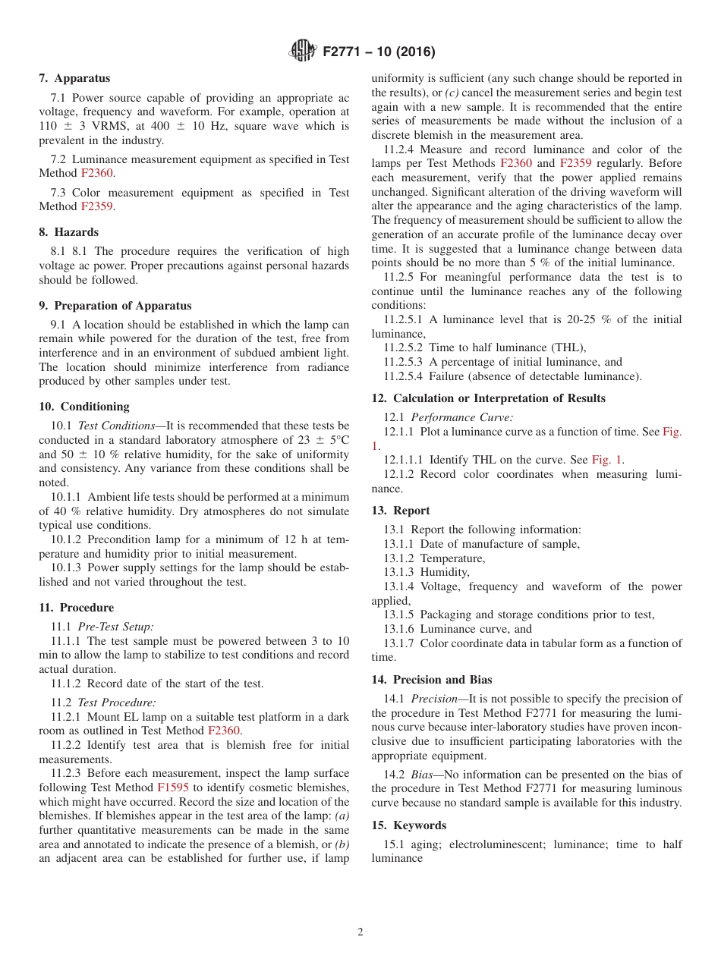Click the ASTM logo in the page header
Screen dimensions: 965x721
[303, 52]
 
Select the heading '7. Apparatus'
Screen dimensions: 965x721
[74, 78]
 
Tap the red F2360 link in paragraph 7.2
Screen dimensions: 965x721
[97, 174]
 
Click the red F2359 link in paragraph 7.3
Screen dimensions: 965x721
[97, 207]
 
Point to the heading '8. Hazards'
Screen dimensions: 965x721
[68, 232]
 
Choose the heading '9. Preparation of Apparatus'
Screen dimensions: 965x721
[115, 306]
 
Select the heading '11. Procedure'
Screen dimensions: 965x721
[76, 608]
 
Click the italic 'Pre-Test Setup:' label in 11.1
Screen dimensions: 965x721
[115, 627]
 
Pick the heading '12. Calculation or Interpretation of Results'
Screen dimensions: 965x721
[488, 398]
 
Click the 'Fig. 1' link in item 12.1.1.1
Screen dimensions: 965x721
[607, 460]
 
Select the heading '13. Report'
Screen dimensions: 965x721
[401, 511]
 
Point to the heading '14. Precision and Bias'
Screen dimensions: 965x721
[431, 680]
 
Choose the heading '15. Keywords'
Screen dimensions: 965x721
[409, 825]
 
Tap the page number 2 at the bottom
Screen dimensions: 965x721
[360, 933]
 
